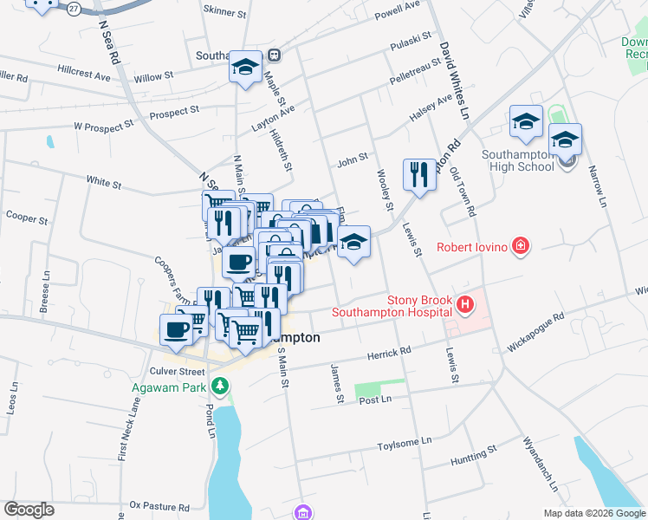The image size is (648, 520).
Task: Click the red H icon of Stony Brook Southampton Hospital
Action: pos(466,304)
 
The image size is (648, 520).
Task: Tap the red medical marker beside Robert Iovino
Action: pos(520,247)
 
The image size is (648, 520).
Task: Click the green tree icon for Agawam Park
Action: pos(222,386)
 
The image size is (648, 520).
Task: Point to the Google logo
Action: pos(29,510)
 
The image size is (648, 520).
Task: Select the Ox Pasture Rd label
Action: pos(159,505)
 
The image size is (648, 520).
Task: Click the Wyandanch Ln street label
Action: pos(539,463)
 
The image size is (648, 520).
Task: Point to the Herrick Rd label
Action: pos(388,353)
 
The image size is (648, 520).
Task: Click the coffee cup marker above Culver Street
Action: pos(177,330)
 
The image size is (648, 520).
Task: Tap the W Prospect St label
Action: pos(103,125)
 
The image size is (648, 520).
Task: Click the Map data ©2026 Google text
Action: pos(593,512)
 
